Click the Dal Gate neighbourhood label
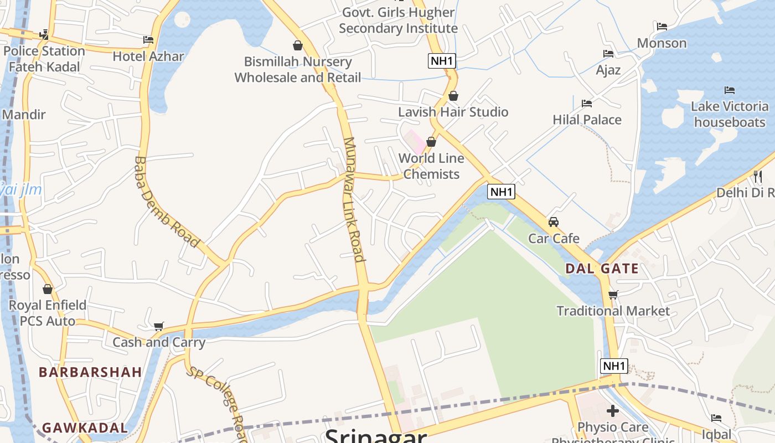(x=602, y=269)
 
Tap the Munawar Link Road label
(x=354, y=199)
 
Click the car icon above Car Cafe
(x=553, y=222)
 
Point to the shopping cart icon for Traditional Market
(x=613, y=295)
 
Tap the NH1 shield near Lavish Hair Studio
(x=442, y=61)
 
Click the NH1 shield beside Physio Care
(x=614, y=366)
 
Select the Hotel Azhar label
(x=148, y=56)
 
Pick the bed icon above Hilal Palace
(x=587, y=104)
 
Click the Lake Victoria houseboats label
(x=730, y=114)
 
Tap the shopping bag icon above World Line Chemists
(x=431, y=142)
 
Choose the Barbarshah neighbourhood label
(x=90, y=372)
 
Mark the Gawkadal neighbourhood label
(x=85, y=428)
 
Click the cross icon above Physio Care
(x=612, y=411)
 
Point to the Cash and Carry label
(x=159, y=342)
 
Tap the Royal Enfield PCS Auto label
(x=48, y=313)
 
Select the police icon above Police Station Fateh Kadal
(x=44, y=35)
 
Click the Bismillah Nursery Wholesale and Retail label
(x=298, y=70)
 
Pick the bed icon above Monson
(x=662, y=27)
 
